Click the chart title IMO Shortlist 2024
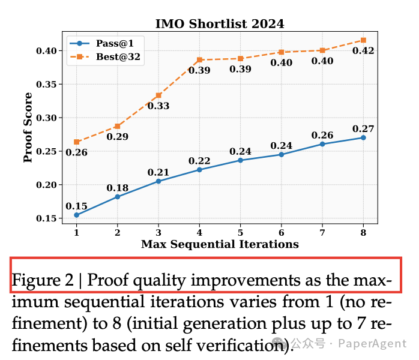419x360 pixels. click(219, 24)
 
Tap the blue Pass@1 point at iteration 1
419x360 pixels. click(76, 215)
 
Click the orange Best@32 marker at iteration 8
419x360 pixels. click(363, 40)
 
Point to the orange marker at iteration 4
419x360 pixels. click(199, 60)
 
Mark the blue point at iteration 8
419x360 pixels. click(363, 137)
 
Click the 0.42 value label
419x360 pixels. click(363, 51)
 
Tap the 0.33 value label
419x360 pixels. click(158, 106)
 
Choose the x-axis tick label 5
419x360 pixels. click(240, 232)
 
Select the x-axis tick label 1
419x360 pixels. click(76, 232)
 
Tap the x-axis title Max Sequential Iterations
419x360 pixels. click(220, 244)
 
